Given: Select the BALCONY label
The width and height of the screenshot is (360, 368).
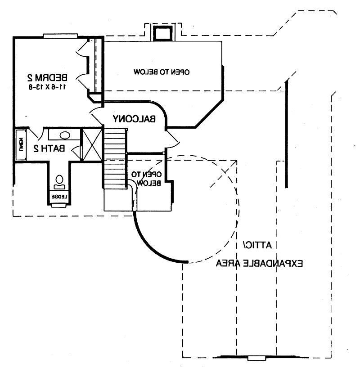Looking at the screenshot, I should click(134, 119).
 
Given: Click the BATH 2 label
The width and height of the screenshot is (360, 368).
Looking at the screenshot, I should click(49, 148).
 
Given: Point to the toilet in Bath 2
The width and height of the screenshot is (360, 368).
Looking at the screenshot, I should click(59, 182).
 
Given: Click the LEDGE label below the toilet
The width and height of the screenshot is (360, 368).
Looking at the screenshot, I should click(59, 197).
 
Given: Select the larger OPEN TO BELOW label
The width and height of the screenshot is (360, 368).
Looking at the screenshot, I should click(162, 72).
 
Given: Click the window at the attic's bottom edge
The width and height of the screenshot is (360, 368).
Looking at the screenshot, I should click(257, 358).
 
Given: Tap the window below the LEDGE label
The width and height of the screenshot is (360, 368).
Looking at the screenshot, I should click(59, 206).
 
